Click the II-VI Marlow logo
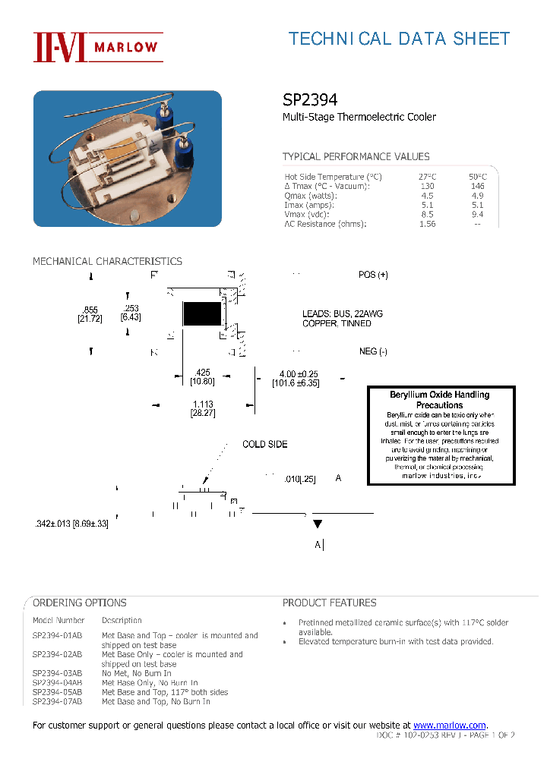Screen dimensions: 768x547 click(x=96, y=47)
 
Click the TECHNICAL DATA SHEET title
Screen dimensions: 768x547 click(x=399, y=39)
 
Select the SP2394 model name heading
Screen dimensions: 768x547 click(x=310, y=99)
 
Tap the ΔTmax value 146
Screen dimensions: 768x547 click(x=477, y=186)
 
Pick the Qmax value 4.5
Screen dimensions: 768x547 click(x=427, y=196)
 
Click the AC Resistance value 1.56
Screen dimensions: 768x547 click(x=427, y=224)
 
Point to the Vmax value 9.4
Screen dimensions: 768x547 click(x=477, y=215)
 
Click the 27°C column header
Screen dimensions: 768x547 click(x=427, y=177)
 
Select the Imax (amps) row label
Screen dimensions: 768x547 click(x=309, y=205)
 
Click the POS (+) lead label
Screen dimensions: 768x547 click(x=373, y=275)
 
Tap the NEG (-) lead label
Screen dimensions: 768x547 click(x=373, y=351)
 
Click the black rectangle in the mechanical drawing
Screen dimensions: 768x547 click(x=201, y=313)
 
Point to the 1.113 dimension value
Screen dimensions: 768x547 click(x=202, y=404)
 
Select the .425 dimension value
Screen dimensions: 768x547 click(x=202, y=373)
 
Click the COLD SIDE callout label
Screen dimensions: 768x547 click(x=264, y=444)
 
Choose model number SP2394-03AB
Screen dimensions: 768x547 click(x=57, y=673)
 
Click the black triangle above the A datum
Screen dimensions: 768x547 click(x=318, y=524)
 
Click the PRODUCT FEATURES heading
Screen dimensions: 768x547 click(x=329, y=603)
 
